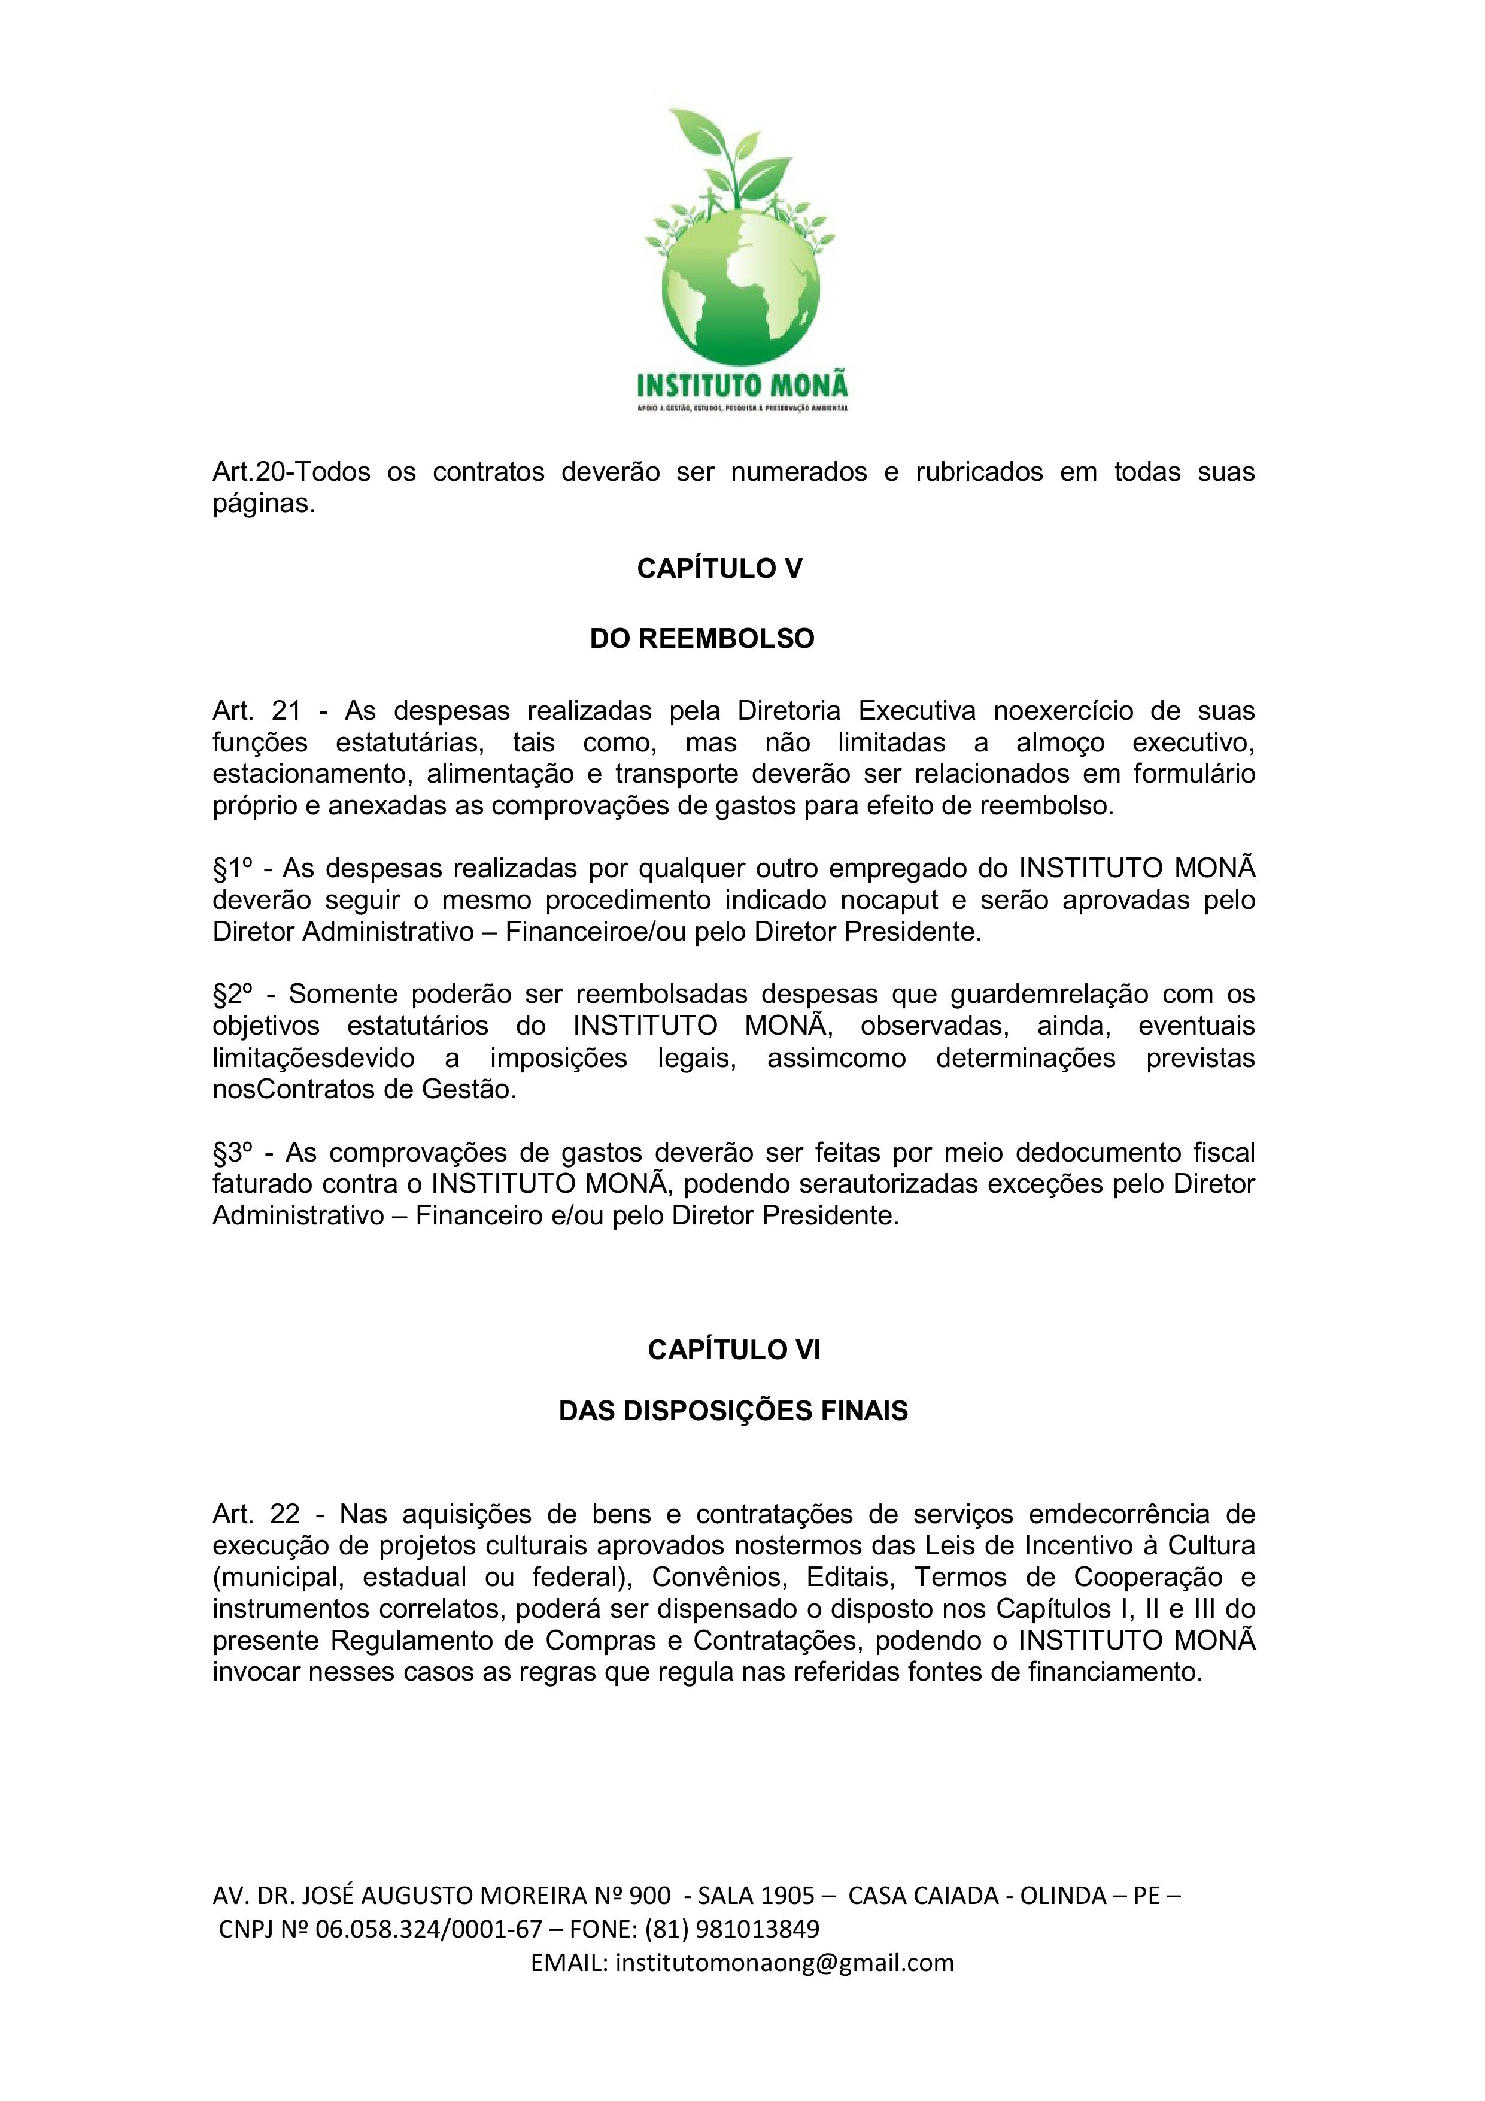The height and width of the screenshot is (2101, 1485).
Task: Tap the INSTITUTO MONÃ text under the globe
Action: point(742,381)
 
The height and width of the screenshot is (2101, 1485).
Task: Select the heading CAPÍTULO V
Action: point(719,569)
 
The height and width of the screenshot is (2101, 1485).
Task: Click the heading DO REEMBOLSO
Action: point(701,639)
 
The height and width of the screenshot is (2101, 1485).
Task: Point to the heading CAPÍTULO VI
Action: point(734,1351)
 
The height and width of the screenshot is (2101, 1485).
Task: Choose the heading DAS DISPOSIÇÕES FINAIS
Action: point(733,1411)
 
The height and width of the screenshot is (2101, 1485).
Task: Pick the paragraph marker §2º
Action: point(232,994)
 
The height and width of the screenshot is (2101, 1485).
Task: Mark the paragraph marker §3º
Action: point(232,1152)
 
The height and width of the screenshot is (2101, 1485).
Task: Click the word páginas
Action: point(263,504)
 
